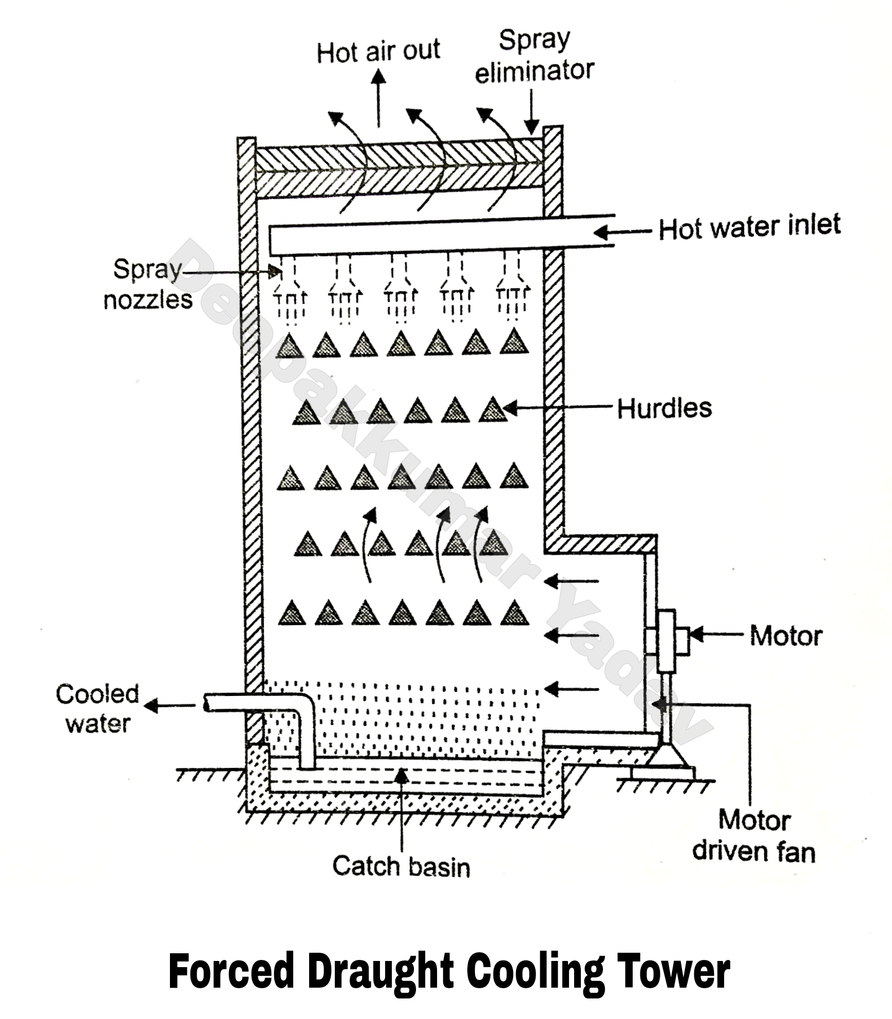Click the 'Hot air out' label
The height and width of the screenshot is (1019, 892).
coord(378,51)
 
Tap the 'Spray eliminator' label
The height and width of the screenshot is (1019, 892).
coord(534,56)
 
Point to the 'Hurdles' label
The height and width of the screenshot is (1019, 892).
coord(664,409)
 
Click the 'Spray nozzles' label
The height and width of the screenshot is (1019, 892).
coord(148,284)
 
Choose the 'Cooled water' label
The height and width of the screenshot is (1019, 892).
coord(98,709)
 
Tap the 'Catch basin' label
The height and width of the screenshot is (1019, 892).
coord(401,866)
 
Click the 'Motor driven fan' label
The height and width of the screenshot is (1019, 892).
coord(753,836)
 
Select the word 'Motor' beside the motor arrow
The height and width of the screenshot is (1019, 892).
coord(786,636)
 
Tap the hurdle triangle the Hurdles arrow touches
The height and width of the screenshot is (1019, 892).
coord(492,410)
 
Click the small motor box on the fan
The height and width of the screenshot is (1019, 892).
coord(682,641)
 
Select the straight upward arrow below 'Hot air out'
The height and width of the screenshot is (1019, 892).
coord(378,98)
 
